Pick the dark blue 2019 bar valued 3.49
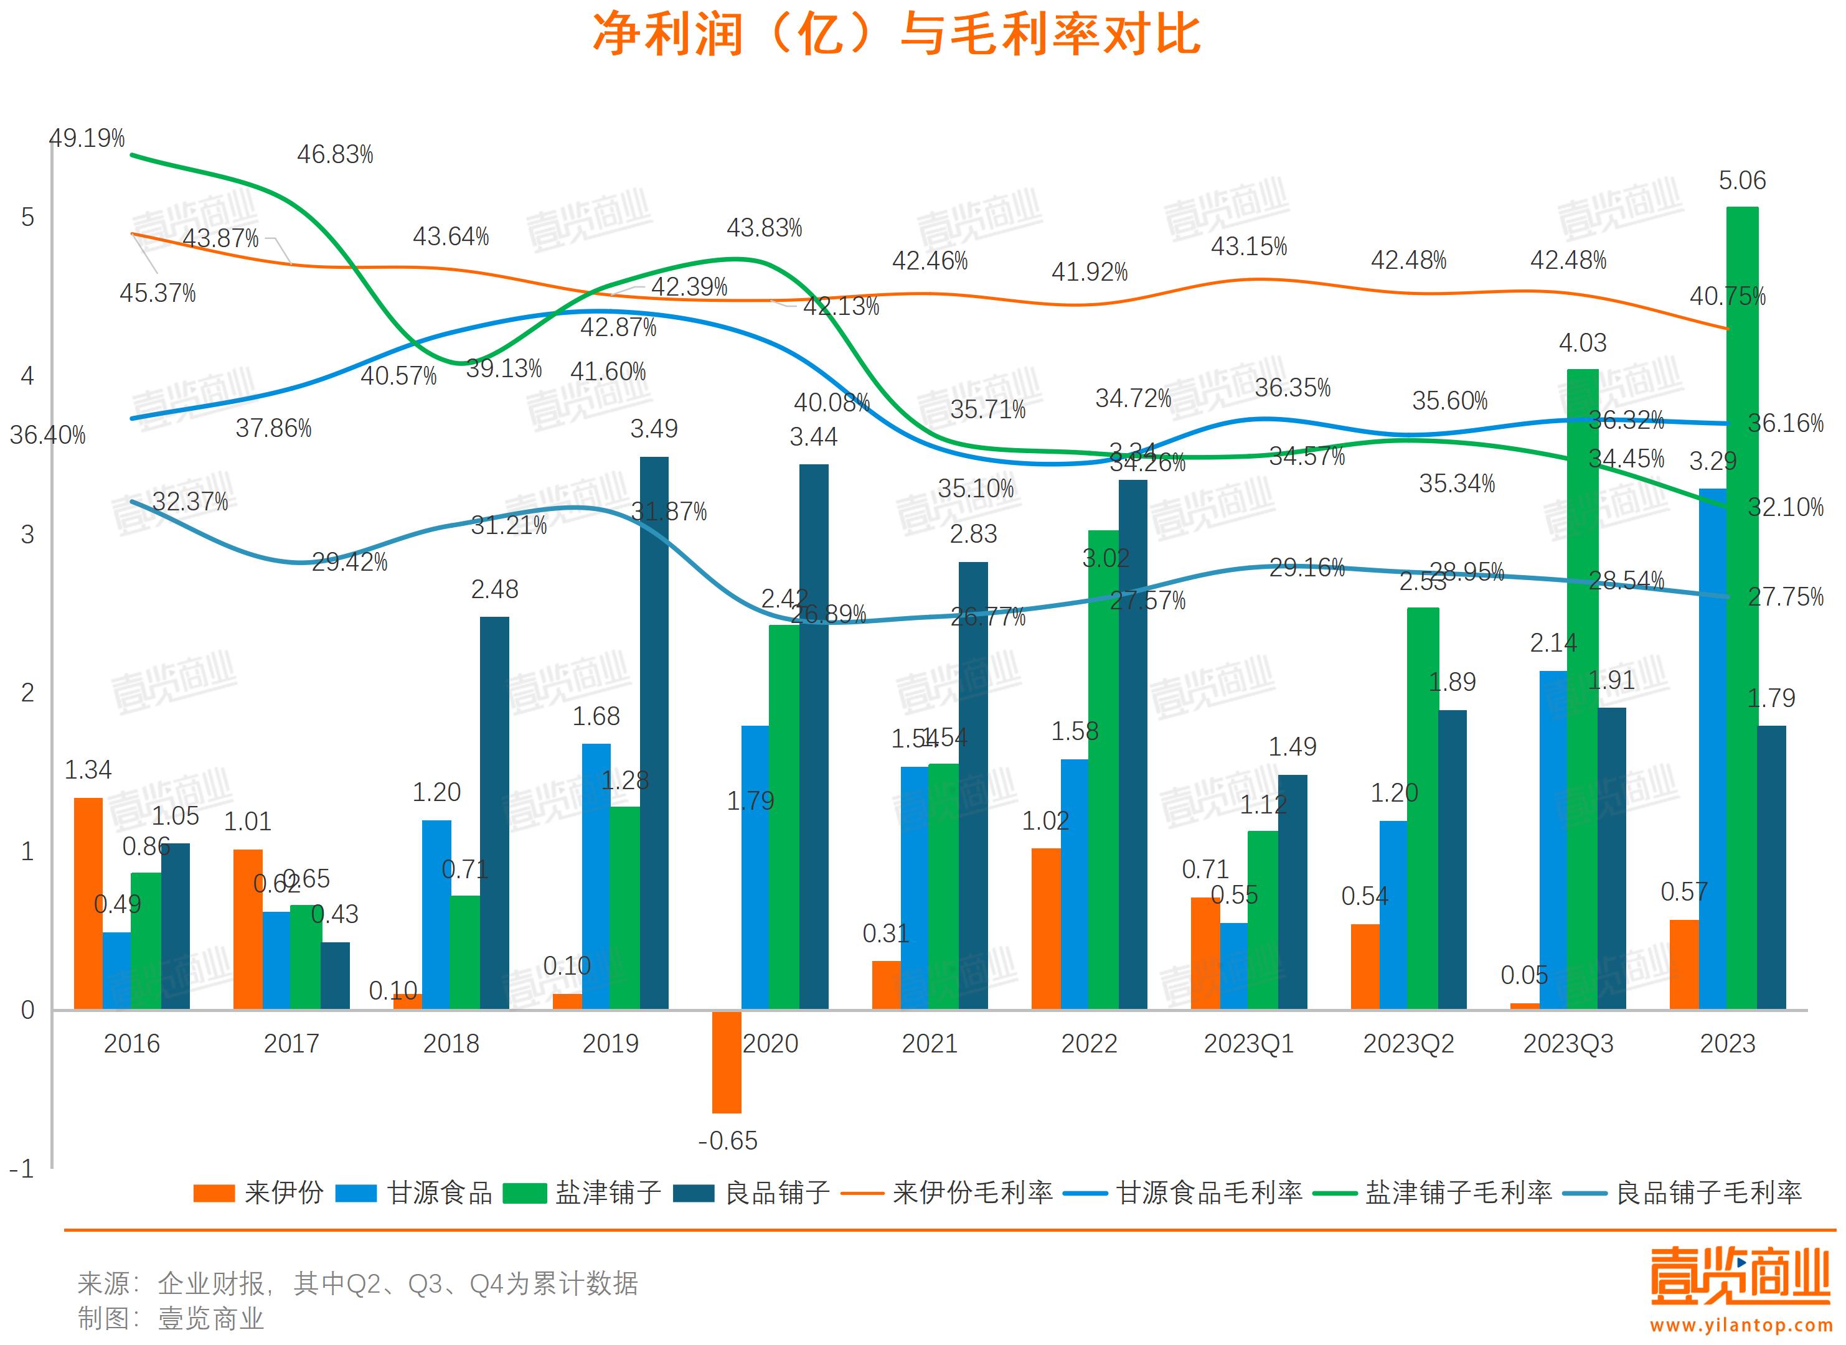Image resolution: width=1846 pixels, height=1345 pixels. pos(654,733)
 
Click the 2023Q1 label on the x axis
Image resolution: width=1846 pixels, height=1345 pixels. pos(1248,1044)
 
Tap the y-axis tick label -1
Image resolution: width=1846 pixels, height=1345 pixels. pos(22,1169)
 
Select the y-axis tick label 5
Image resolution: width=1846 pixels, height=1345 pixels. pos(27,217)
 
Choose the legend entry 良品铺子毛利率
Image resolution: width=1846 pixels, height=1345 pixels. pos(1708,1193)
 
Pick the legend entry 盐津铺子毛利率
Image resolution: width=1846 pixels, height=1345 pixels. pos(1457,1193)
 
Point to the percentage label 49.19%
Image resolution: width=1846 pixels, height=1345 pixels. pos(87,138)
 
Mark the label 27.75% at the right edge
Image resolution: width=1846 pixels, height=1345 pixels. pos(1785,597)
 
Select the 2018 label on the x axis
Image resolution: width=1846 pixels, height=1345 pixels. pos(451,1044)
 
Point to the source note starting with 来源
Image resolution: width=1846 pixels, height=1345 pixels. pos(358,1284)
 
